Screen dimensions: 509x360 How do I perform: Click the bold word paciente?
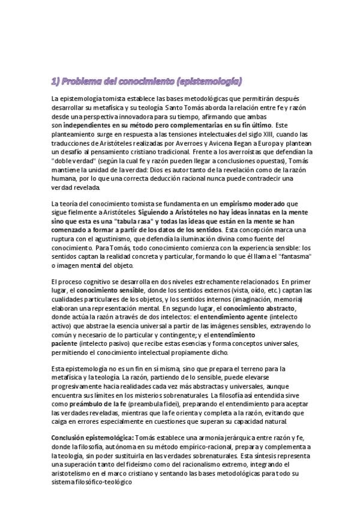coord(66,343)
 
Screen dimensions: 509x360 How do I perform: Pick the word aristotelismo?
coord(73,473)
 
